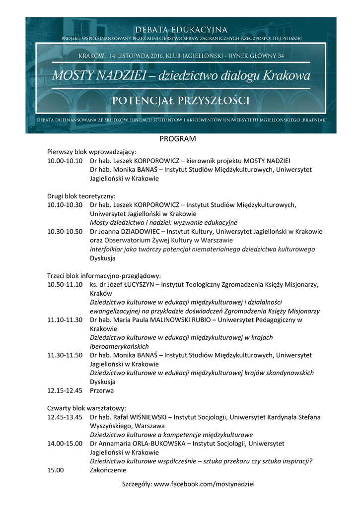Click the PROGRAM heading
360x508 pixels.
click(178, 139)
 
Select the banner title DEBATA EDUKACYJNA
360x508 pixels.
click(180, 30)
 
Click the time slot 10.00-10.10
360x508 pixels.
click(65, 161)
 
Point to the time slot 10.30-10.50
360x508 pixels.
click(65, 231)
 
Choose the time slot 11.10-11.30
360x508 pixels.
click(65, 320)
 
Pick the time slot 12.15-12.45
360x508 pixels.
click(65, 390)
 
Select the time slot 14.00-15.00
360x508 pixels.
click(65, 444)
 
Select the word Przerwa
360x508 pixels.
click(102, 390)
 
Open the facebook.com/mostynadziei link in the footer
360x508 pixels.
click(204, 484)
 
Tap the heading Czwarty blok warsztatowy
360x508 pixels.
click(87, 408)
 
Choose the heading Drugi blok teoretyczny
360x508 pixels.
click(81, 196)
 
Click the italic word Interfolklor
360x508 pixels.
click(107, 249)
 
